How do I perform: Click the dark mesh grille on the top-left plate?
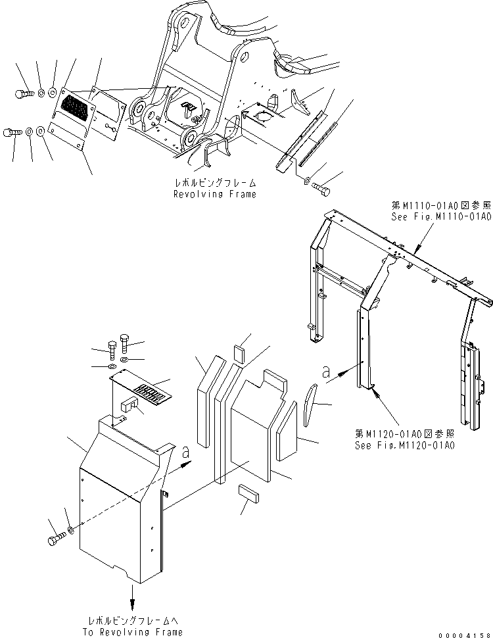[76, 105]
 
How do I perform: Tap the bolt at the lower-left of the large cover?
[55, 541]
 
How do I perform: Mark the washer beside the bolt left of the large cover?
[70, 529]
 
